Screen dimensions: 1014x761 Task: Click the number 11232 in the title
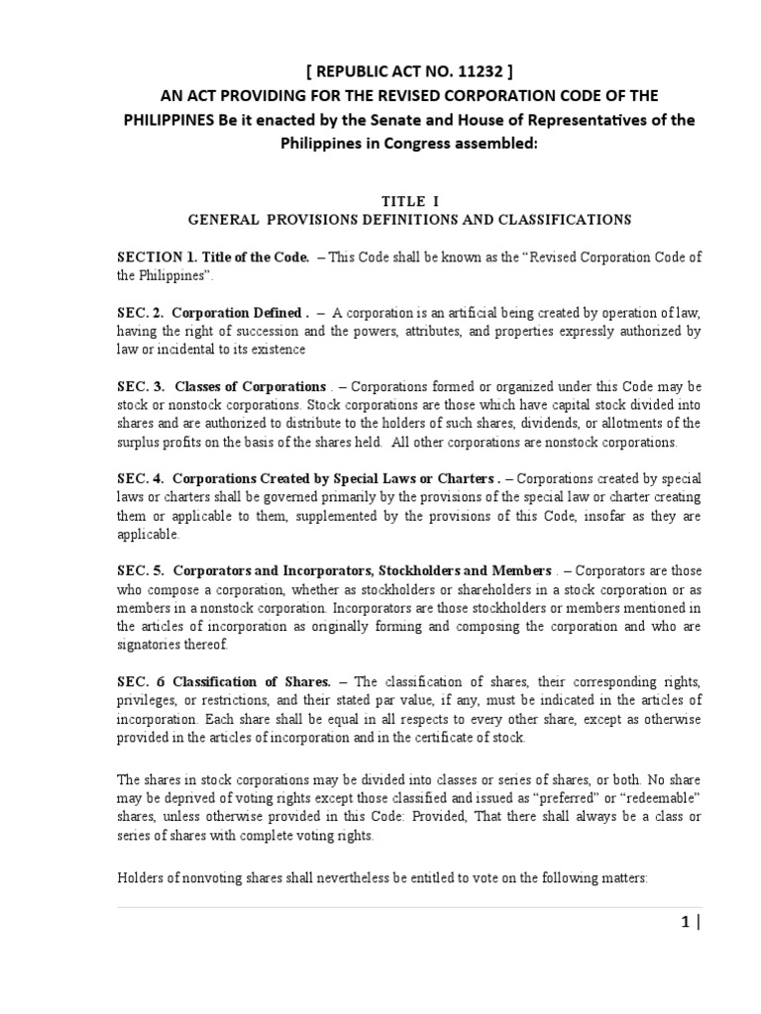453,69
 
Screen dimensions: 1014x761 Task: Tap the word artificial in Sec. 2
454,312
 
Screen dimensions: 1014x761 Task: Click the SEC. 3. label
140,385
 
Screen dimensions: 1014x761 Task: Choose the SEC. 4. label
140,478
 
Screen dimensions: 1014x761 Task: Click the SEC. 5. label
140,570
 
